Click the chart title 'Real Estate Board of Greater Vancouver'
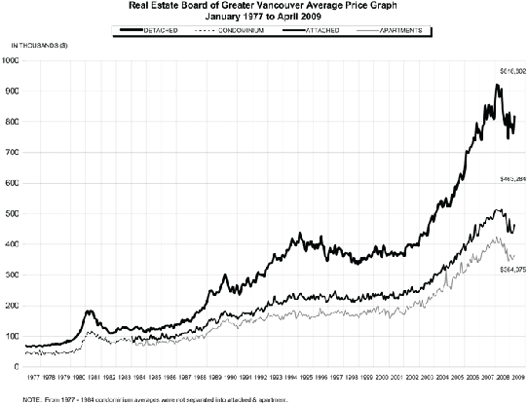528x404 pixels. click(263, 6)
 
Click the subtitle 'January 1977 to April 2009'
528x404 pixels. click(263, 17)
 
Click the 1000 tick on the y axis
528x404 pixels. click(11, 60)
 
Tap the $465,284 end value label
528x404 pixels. click(512, 180)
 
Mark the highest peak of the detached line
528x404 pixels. click(498, 85)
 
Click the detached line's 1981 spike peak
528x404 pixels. click(91, 311)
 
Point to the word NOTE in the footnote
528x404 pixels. click(12, 398)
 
